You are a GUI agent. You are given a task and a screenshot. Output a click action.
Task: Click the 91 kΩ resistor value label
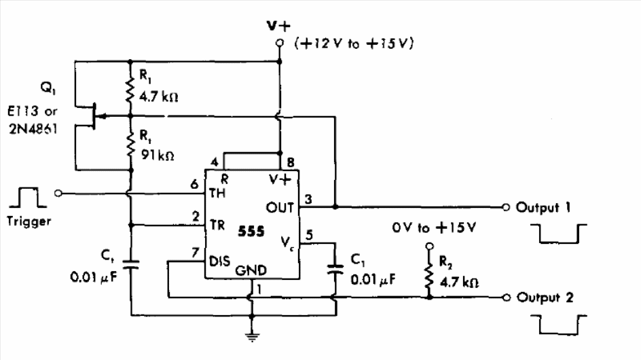tap(158, 155)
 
